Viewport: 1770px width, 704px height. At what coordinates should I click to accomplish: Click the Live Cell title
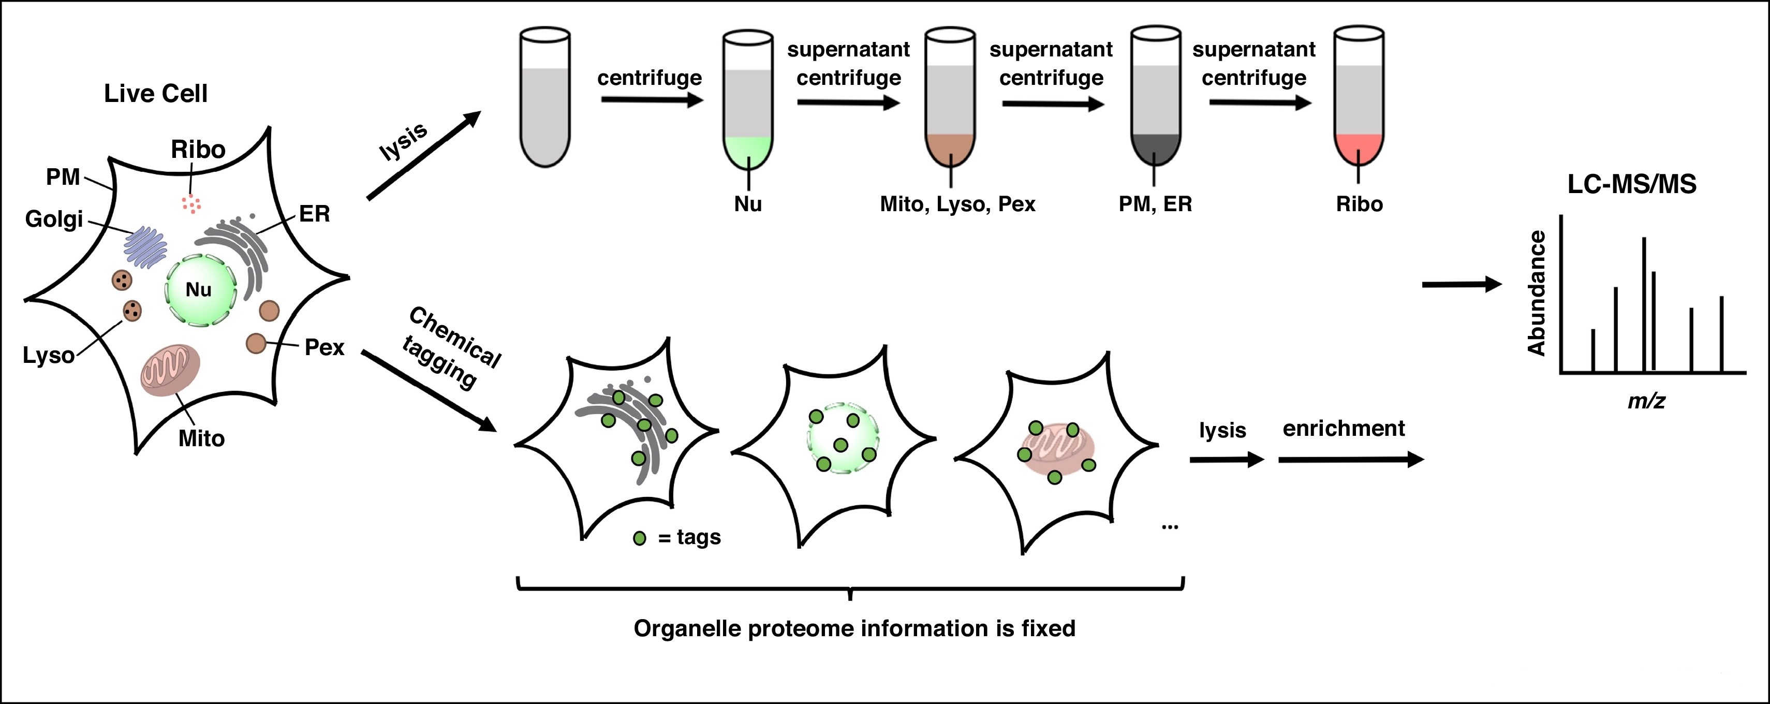click(x=155, y=94)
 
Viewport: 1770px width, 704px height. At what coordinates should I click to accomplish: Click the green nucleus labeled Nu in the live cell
click(x=200, y=289)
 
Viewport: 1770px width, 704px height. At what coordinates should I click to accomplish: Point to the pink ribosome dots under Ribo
click(x=191, y=203)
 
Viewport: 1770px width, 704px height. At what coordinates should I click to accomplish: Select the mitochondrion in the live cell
click(x=170, y=371)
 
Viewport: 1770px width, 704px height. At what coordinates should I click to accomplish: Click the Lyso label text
click(x=48, y=356)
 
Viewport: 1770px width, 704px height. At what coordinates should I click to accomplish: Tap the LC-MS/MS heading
click(x=1631, y=184)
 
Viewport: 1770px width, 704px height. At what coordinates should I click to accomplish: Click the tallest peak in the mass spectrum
click(x=1644, y=302)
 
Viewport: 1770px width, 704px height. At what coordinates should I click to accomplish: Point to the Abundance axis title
click(x=1537, y=293)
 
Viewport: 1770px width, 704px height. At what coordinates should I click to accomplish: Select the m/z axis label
click(x=1646, y=401)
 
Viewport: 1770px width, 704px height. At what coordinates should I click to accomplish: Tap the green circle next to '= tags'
click(x=640, y=538)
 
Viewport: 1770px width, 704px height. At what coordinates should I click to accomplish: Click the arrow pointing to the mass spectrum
click(x=1462, y=284)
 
